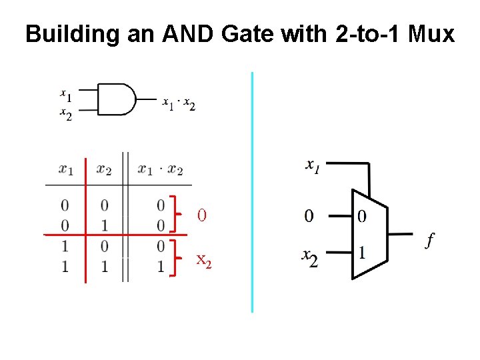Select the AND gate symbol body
pos(117,100)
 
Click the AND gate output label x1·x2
pos(179,104)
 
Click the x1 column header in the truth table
pos(66,170)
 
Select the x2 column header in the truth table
pos(104,170)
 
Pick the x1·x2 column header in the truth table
pos(161,170)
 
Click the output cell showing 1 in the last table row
pos(161,267)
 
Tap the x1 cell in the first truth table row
pos(65,204)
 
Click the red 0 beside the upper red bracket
pos(201,215)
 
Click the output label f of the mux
pos(430,240)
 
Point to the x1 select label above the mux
pos(312,165)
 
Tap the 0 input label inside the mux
pos(361,216)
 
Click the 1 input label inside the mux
pos(361,253)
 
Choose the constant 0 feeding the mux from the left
pos(309,215)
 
